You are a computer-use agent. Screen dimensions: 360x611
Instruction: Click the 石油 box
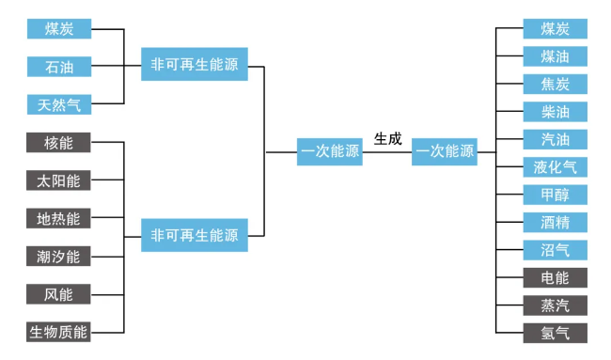59,67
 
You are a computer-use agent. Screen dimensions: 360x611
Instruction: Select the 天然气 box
59,104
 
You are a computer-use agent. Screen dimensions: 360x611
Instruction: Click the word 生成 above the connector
387,138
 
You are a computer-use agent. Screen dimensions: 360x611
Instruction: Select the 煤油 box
555,56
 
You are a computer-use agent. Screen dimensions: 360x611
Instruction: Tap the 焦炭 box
555,85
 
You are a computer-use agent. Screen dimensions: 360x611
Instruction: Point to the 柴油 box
555,112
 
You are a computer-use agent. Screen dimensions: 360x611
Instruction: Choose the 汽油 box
555,140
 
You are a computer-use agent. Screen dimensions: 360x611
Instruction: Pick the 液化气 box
555,167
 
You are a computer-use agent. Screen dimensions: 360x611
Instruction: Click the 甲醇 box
555,195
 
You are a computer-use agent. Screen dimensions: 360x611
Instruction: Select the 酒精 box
555,223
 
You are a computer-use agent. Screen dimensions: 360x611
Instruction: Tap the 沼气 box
555,250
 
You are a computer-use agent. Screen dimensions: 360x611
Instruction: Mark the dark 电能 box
555,278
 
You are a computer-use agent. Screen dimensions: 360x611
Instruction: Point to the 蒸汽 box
555,305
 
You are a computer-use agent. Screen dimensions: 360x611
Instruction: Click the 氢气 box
555,333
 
